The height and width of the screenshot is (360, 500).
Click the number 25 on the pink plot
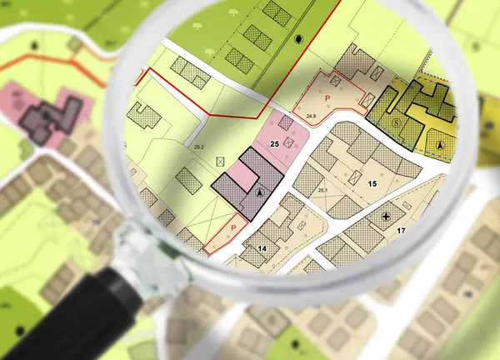274,145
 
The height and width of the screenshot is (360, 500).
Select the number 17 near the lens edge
401,230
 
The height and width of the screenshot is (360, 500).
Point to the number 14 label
262,248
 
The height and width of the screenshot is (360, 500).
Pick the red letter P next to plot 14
233,227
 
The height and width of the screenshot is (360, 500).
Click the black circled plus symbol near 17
387,217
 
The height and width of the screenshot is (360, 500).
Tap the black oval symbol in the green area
299,38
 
